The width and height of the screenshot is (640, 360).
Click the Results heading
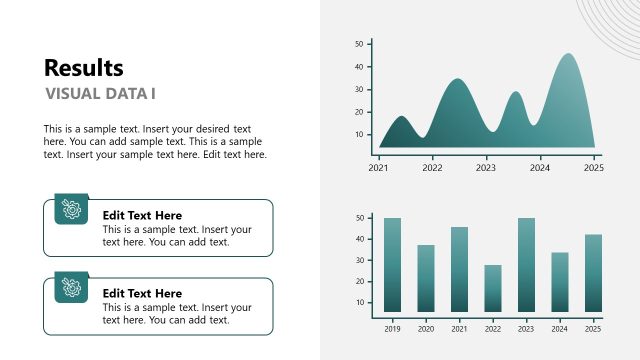coord(84,68)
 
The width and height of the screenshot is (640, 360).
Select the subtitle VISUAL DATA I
coord(101,94)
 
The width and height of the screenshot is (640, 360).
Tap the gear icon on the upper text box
coord(71,209)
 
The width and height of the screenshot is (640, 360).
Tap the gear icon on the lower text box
coord(71,287)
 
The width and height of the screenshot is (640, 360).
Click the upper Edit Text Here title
coord(142,215)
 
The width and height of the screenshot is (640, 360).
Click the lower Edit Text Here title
coord(142,293)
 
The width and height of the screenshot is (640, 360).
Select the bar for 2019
coord(392,265)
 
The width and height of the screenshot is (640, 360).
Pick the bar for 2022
coord(493,288)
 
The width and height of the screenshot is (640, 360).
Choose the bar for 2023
coord(526,265)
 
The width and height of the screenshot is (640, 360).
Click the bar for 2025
coord(593,273)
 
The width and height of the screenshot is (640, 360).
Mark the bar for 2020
coord(426,278)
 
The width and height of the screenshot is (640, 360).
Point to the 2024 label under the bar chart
coord(560,328)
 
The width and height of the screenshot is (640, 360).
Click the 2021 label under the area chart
coord(378,168)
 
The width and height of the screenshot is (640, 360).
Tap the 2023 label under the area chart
coord(486,168)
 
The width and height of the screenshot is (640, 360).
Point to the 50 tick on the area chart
coord(359,44)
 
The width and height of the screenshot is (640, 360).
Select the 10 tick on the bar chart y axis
coord(359,303)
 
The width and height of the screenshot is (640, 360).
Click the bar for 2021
coord(459,269)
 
